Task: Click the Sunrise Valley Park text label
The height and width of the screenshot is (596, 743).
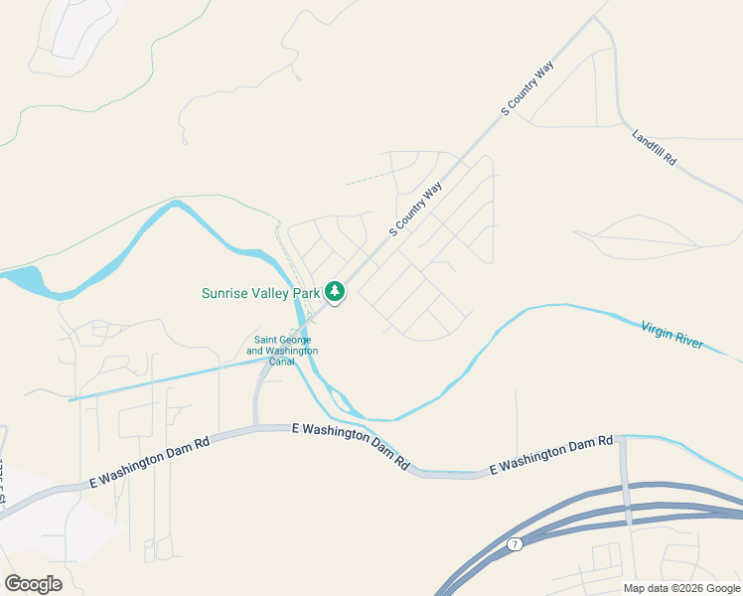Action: click(261, 293)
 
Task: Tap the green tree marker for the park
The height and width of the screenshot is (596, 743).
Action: click(336, 292)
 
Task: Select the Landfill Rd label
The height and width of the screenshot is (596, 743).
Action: click(654, 146)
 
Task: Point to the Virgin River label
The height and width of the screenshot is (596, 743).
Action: click(671, 335)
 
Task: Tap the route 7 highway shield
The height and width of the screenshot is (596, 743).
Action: click(514, 543)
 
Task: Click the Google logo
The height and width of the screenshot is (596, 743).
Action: click(33, 584)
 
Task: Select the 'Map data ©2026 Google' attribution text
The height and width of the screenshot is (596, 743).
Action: click(681, 588)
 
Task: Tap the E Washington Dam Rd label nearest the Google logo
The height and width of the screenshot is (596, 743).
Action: click(150, 463)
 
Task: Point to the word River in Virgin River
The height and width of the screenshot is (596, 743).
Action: click(687, 340)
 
